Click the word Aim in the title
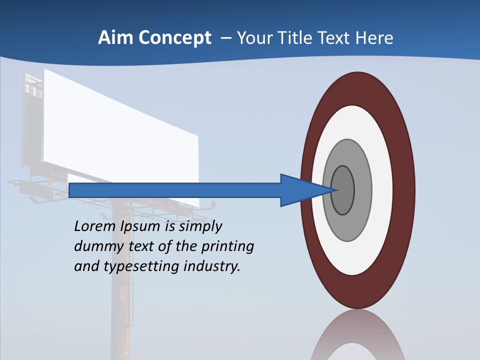coord(111,38)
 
